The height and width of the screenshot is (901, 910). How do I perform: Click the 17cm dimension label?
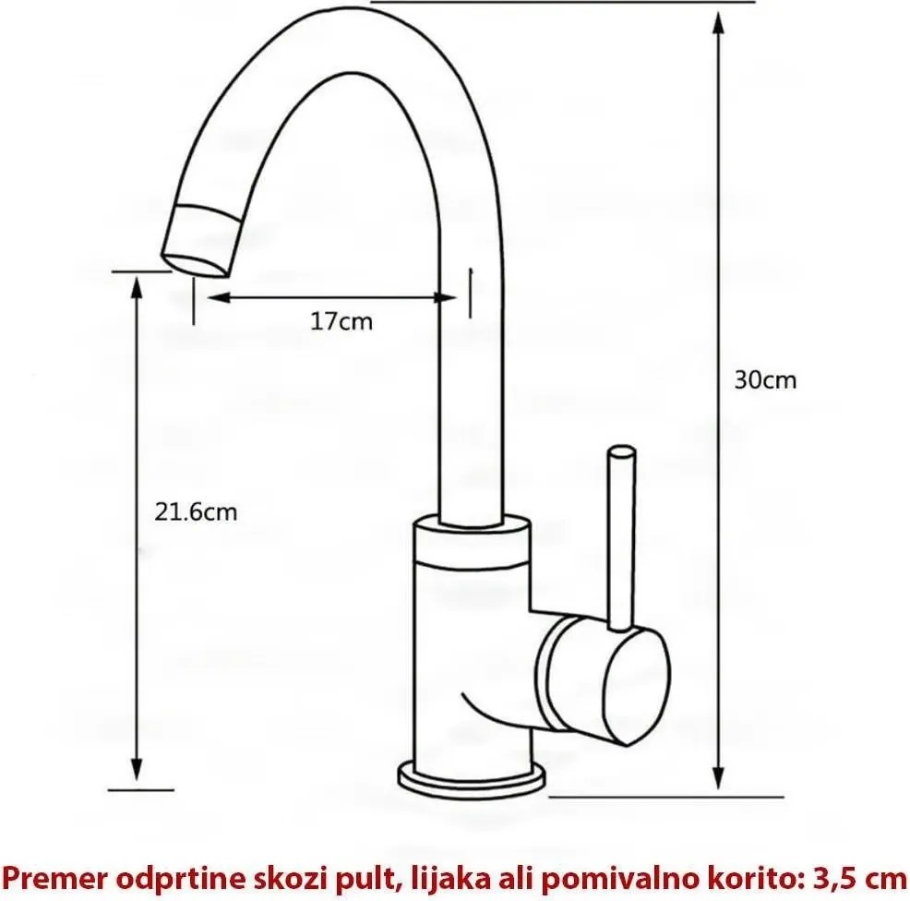click(x=341, y=321)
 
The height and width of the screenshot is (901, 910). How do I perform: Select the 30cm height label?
click(x=765, y=380)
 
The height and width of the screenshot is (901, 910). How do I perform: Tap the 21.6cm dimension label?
click(x=196, y=512)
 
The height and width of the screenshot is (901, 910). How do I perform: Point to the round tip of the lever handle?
click(x=620, y=450)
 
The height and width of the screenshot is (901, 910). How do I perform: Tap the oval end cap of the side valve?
click(x=636, y=687)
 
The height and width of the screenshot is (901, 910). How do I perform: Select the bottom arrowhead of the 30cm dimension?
click(x=718, y=775)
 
